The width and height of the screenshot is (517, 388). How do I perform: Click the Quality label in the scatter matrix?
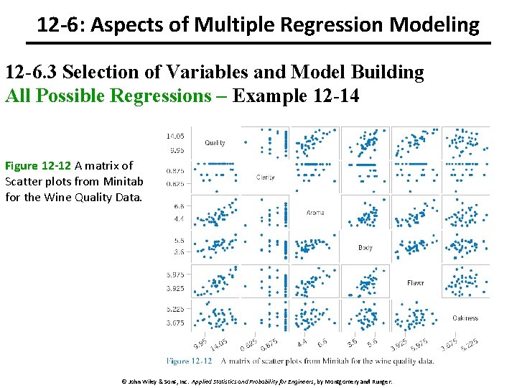(x=215, y=143)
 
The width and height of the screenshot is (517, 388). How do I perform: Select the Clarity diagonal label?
(x=266, y=177)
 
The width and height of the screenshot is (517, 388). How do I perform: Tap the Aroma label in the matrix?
(x=315, y=213)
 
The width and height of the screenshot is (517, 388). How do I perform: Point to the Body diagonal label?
(x=365, y=248)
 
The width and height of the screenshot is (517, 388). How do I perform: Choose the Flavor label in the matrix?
(x=416, y=283)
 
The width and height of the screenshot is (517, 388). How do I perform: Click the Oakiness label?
(x=465, y=318)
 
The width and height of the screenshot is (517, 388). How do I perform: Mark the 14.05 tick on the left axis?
(x=176, y=136)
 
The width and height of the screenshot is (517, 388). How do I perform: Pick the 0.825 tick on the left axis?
(x=176, y=185)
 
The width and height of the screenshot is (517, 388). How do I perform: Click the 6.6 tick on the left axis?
(x=179, y=205)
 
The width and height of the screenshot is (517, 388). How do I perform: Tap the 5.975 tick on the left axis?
(x=176, y=275)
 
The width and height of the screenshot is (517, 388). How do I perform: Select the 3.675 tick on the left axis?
(x=176, y=324)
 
